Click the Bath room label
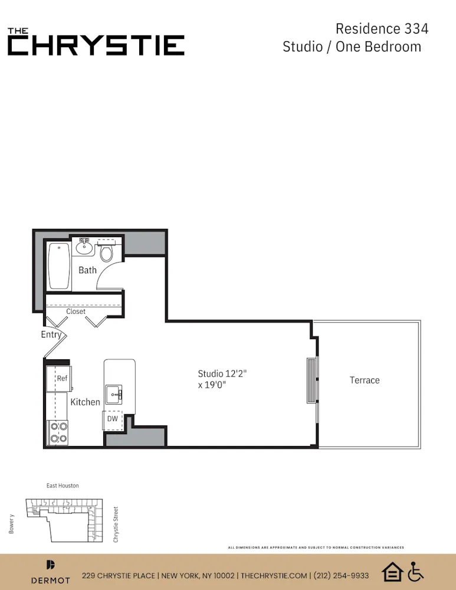point(87,270)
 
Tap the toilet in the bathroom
point(106,253)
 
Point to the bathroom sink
point(84,247)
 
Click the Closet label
point(76,311)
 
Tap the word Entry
point(51,335)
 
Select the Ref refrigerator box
point(61,379)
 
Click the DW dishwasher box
point(112,419)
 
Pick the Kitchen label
point(86,402)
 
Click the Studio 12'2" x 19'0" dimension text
point(221,379)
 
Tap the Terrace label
point(365,380)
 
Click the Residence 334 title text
point(382,28)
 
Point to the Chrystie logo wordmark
point(96,42)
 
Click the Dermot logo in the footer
point(50,572)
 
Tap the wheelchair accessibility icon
point(416,571)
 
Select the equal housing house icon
point(392,571)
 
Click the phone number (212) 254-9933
point(342,575)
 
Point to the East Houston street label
point(63,486)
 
